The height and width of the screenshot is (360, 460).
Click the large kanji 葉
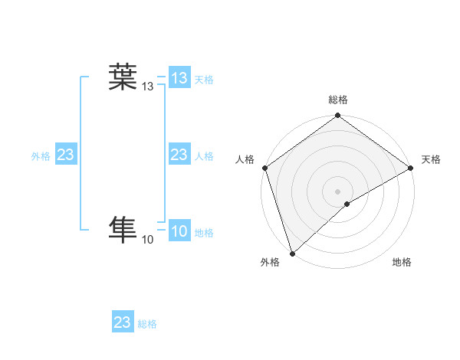pos(122,77)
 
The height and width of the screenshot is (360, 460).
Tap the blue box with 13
pos(179,78)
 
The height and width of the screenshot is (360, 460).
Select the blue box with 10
pos(179,232)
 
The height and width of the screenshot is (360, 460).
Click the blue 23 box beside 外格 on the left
pos(66,155)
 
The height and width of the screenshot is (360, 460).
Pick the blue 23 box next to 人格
pos(179,155)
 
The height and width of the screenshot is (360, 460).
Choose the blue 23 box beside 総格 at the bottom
pos(123,322)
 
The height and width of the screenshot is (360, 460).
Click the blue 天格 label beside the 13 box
pos(204,79)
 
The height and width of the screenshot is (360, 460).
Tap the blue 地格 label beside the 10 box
pos(204,233)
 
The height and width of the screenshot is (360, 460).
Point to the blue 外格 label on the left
pos(41,156)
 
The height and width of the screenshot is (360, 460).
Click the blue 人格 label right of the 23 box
pos(204,156)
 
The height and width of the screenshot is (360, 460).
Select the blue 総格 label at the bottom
pos(147,324)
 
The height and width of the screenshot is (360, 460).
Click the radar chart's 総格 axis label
pos(338,100)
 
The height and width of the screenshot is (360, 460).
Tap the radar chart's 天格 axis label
pos(431,159)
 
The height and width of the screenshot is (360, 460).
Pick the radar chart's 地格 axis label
pos(402,263)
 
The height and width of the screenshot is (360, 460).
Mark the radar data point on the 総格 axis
pos(338,116)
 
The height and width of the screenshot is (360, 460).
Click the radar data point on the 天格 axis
pos(411,168)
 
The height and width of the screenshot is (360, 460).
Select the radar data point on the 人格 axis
pos(265,168)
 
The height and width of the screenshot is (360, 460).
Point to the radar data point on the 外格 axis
pos(292,253)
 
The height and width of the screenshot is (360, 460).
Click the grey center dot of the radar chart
pos(338,191)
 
